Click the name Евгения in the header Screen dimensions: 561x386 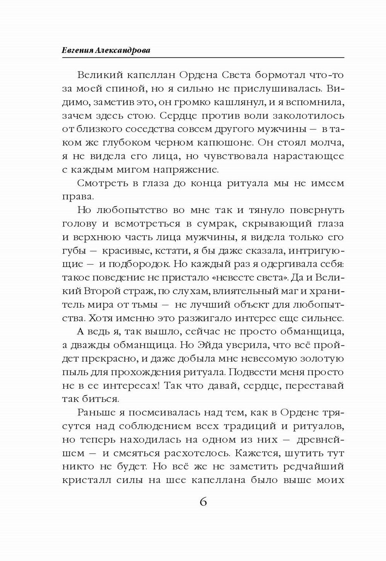tap(77, 51)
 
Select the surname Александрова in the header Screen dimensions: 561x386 tap(123, 51)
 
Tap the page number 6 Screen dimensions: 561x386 tap(203, 502)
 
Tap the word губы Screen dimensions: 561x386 tap(73, 251)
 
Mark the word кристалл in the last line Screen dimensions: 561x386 tap(83, 480)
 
